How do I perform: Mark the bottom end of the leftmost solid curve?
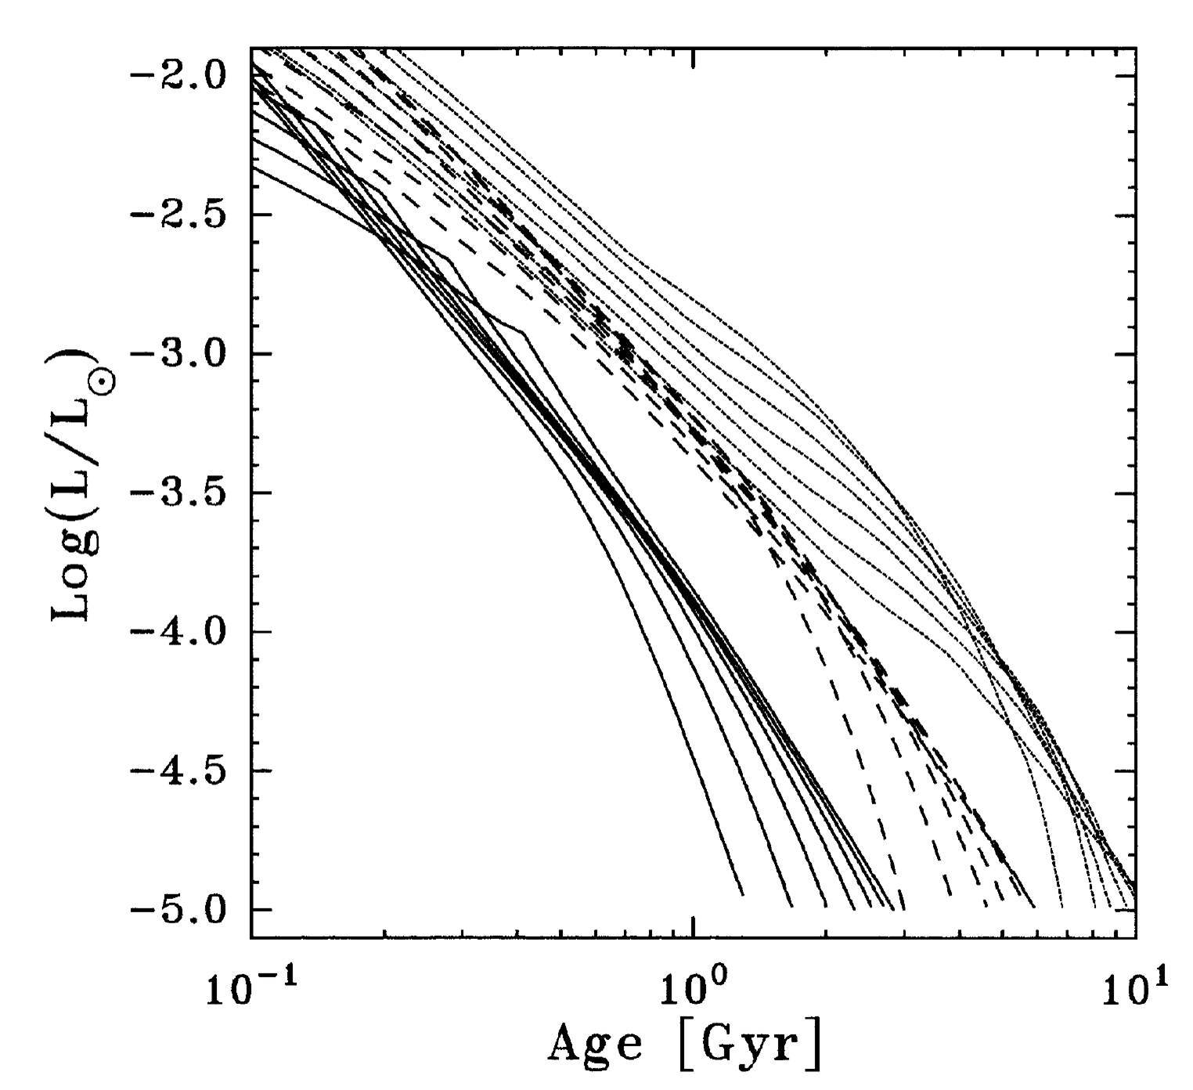[742, 894]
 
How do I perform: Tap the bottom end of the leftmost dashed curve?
[903, 908]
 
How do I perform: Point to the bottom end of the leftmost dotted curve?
[1061, 907]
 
